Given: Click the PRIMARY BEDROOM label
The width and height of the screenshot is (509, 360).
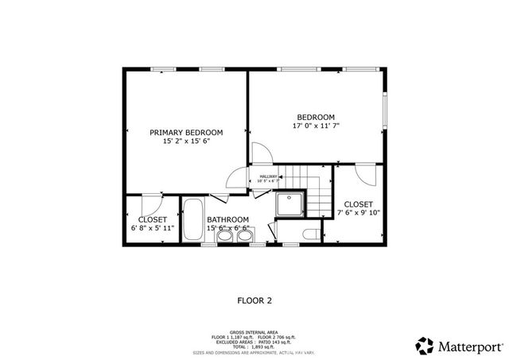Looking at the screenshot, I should click(187, 132).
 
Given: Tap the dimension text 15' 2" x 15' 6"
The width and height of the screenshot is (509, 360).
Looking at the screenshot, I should click(187, 141).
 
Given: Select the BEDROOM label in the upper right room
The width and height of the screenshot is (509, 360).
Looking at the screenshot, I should click(316, 116).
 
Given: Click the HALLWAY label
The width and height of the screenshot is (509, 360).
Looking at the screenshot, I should click(268, 176).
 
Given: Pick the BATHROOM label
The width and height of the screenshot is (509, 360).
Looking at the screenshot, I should click(228, 219).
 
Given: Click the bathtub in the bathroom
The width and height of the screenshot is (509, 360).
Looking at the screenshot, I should click(192, 222).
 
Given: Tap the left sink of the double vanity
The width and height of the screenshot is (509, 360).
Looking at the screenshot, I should click(225, 235).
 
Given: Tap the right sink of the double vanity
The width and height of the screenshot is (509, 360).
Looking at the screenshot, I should click(243, 235).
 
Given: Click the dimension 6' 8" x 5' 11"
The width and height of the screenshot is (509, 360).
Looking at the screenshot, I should click(153, 228).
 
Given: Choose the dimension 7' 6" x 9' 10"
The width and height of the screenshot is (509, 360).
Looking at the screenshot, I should click(359, 213).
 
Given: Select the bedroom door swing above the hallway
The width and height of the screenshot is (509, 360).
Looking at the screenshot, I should click(261, 153).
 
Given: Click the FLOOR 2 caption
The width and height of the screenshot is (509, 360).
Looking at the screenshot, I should click(255, 300).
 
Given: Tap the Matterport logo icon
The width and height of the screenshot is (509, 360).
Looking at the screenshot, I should click(425, 345).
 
